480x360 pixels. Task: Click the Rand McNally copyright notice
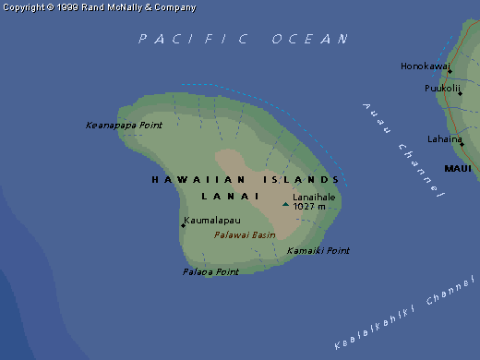(x=99, y=7)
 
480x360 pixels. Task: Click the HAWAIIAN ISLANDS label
(x=246, y=179)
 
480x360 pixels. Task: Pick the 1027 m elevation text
(x=309, y=207)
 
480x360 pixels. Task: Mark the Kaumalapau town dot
(x=183, y=225)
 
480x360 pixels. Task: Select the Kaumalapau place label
(x=212, y=221)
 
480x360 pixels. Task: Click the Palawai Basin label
(x=245, y=235)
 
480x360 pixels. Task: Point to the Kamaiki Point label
(x=318, y=251)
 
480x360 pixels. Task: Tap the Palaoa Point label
(x=210, y=272)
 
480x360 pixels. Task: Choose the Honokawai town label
(x=425, y=66)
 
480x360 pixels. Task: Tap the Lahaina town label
(x=444, y=138)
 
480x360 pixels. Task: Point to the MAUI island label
(x=458, y=169)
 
